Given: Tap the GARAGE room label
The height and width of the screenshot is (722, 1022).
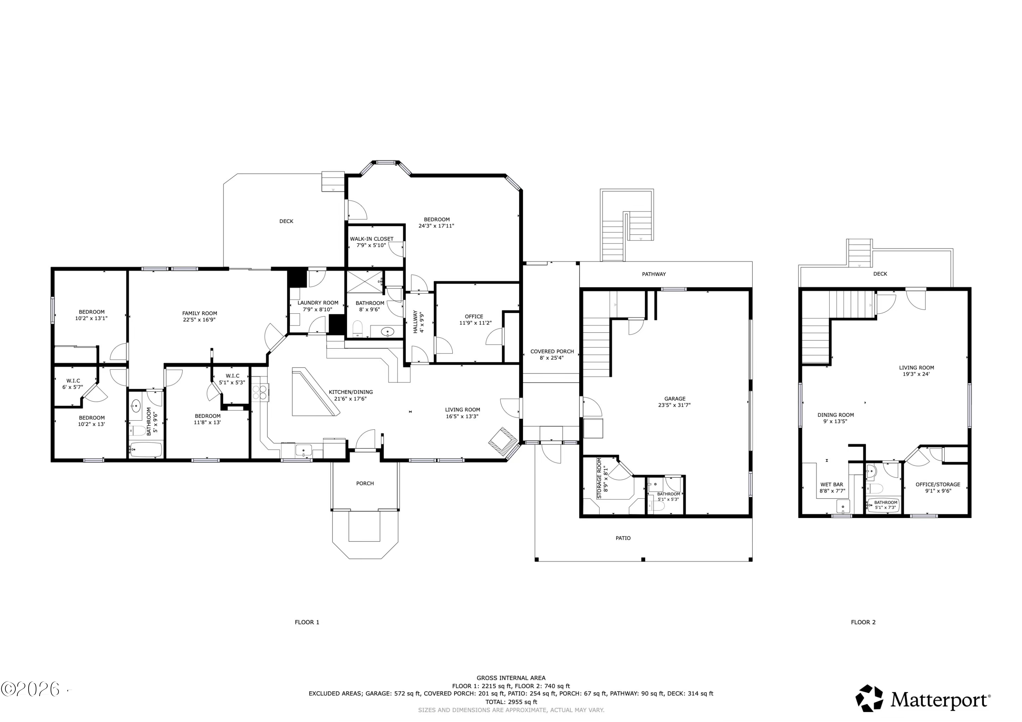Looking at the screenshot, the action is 675,398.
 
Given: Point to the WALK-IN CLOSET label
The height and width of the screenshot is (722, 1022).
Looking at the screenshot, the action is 372,239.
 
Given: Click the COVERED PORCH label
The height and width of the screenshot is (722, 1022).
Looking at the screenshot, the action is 552,351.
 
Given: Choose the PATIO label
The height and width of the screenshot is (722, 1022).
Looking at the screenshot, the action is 623,538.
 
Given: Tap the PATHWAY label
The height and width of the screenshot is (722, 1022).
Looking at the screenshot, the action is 654,274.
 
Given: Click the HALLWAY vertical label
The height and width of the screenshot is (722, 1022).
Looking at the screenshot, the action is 415,321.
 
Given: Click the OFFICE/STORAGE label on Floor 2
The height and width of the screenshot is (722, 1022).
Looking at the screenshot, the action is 938,484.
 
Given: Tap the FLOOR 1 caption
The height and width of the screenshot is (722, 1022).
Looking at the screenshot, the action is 307,622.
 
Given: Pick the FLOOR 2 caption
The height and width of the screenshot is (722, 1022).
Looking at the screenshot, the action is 863,622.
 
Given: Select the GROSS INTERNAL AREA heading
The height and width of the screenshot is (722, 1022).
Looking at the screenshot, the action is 511,678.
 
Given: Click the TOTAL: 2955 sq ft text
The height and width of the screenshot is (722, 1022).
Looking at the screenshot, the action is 511,702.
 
